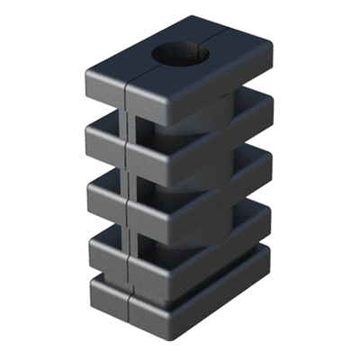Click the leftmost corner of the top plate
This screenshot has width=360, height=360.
[x=87, y=72]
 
